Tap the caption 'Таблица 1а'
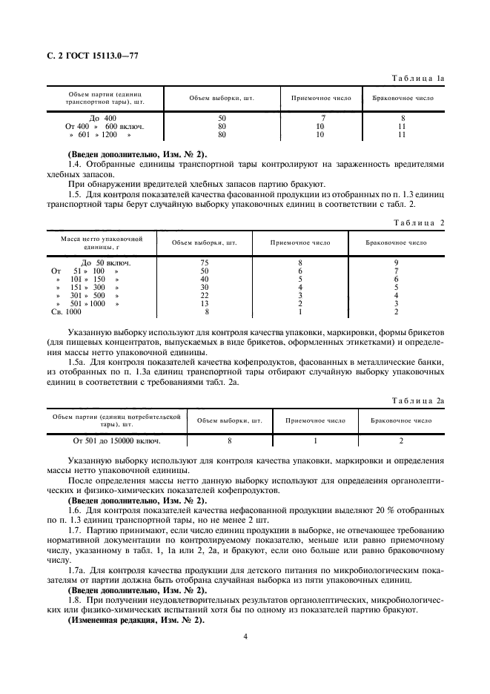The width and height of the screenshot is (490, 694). [417, 76]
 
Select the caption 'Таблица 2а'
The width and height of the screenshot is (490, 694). [417, 400]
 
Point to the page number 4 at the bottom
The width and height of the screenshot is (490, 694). [245, 635]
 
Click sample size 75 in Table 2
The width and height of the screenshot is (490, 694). [205, 262]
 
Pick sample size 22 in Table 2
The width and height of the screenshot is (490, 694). [205, 295]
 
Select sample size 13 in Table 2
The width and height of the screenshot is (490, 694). [205, 303]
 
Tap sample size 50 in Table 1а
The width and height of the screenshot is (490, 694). [222, 119]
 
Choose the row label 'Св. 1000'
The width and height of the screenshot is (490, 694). [66, 312]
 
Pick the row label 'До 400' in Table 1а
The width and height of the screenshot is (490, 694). [103, 119]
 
